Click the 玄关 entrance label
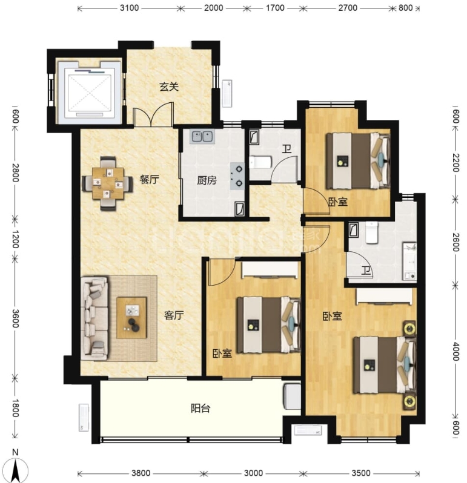click(169, 87)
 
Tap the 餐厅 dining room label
click(150, 179)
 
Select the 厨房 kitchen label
click(207, 180)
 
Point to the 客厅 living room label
click(174, 315)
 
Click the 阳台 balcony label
click(200, 409)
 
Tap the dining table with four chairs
click(108, 183)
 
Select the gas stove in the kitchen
click(237, 176)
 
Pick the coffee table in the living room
click(131, 318)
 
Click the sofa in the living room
click(94, 318)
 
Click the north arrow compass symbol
click(16, 470)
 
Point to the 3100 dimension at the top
click(129, 8)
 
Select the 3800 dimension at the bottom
click(141, 473)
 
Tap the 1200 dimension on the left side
click(15, 239)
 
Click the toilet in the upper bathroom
click(260, 162)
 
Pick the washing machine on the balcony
click(291, 396)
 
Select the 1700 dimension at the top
click(275, 8)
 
